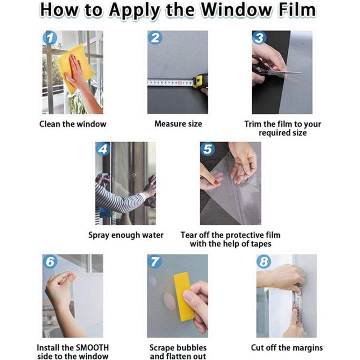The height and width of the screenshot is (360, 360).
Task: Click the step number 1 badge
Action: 50,38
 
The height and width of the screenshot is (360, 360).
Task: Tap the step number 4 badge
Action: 103,149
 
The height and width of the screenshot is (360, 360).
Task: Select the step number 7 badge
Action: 155,261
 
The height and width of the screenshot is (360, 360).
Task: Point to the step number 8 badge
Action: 264,261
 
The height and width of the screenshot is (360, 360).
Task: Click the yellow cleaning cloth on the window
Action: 76,69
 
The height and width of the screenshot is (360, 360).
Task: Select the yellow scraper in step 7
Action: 184,296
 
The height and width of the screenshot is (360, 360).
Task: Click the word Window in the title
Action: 237,10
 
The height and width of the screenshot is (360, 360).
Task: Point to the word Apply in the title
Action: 134,11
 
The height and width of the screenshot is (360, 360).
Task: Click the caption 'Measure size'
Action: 178,124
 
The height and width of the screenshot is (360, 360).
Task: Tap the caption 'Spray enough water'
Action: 126,235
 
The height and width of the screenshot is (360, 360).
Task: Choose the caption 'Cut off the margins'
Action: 287,348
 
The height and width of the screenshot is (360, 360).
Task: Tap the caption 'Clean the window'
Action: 73,124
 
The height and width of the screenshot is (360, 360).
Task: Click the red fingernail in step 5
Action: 216,183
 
